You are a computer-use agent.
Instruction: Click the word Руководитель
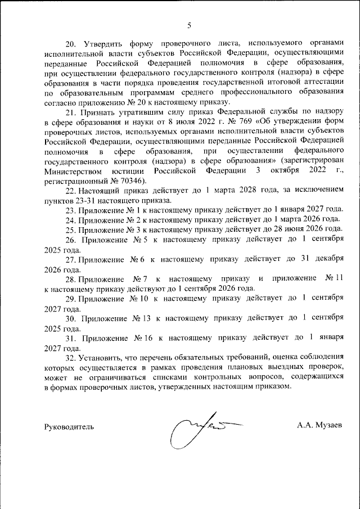[69, 427]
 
